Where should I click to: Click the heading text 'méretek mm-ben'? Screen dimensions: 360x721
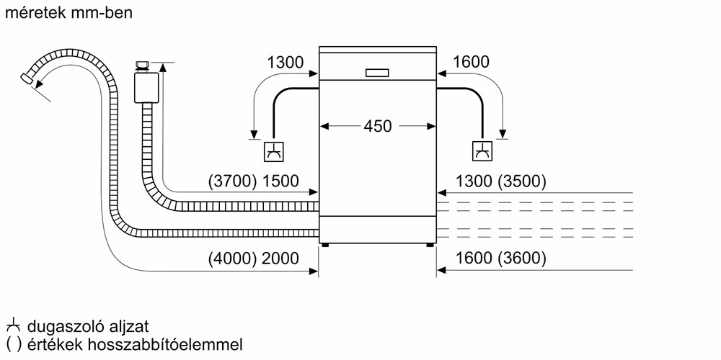pos(70,14)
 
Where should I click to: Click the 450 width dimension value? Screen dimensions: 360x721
pos(377,127)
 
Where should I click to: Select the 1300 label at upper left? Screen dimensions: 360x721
pos(285,63)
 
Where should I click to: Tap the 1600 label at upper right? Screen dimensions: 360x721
pos(471,63)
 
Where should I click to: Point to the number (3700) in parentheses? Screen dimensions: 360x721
pos(231,181)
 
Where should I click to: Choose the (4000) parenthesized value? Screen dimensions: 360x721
pos(231,258)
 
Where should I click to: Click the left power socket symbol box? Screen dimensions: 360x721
pos(274,151)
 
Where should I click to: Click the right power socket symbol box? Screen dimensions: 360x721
pos(482,151)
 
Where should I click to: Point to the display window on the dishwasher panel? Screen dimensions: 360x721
pos(377,72)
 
